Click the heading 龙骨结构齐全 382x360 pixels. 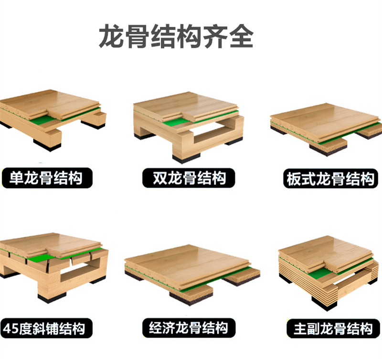176,37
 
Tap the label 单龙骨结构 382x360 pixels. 46,178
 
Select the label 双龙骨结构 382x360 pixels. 189,178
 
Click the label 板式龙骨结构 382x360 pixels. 330,179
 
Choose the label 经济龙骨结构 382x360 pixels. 189,328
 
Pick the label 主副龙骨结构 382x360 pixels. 333,328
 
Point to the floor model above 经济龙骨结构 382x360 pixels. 192,275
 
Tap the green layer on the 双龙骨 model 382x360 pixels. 173,123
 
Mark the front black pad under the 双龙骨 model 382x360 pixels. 186,158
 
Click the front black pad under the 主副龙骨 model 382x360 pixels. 325,304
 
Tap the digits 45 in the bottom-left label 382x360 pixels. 11,328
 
